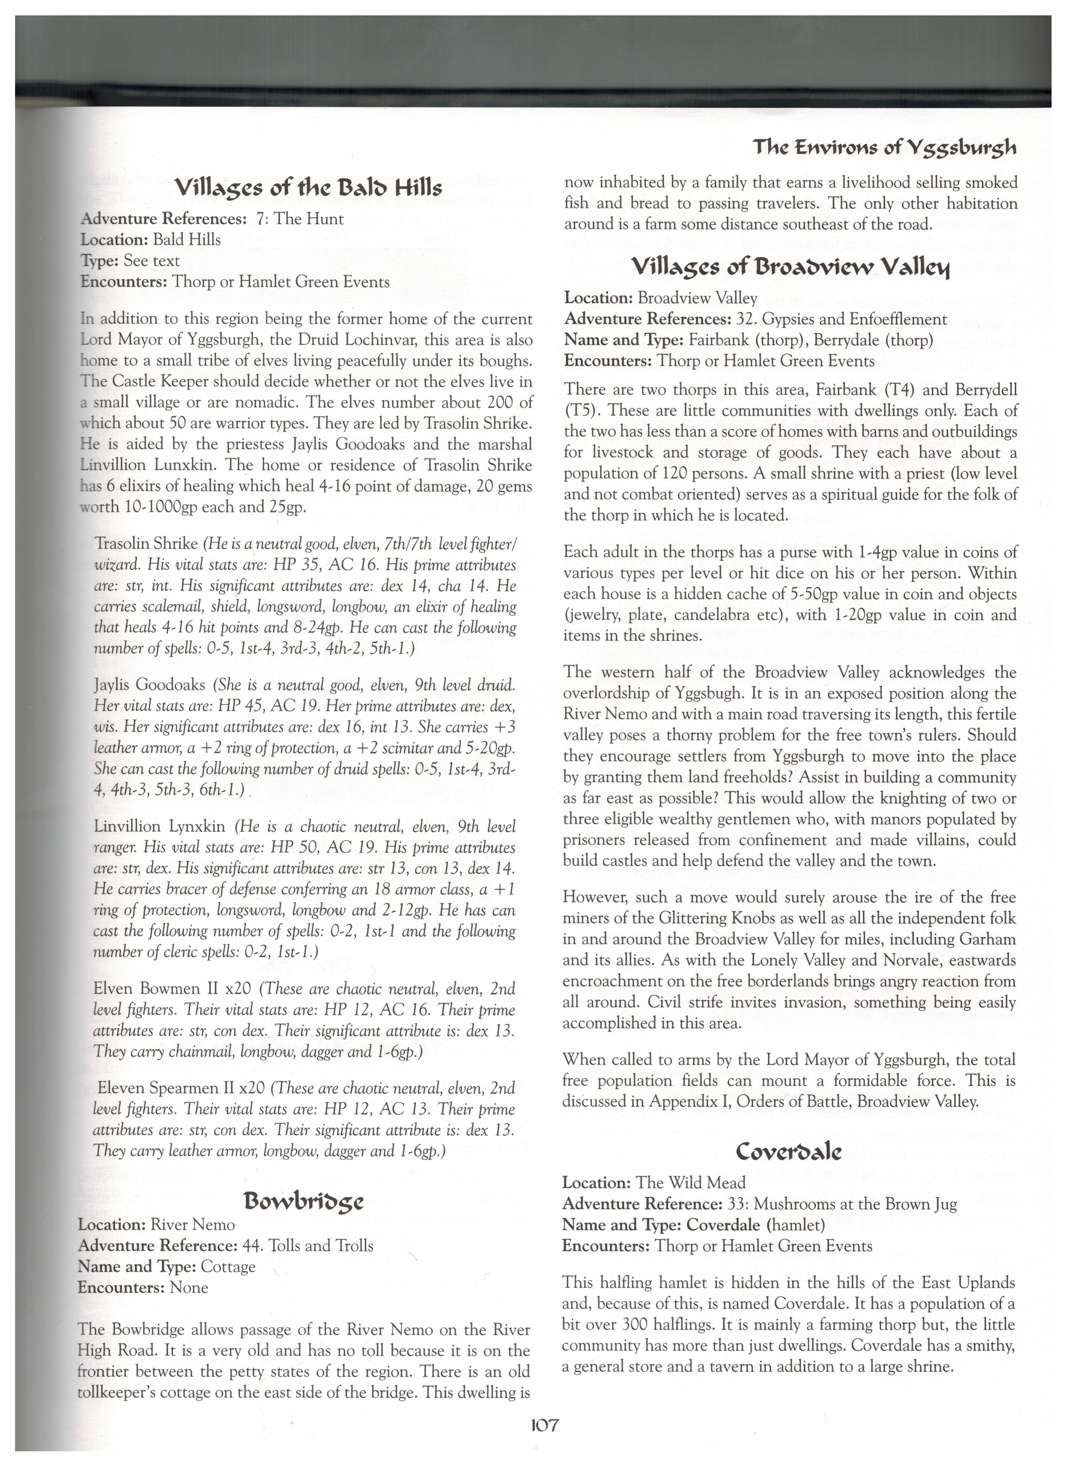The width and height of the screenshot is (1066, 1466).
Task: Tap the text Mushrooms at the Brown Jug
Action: point(855,1204)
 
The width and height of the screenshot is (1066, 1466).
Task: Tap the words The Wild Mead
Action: point(690,1183)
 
